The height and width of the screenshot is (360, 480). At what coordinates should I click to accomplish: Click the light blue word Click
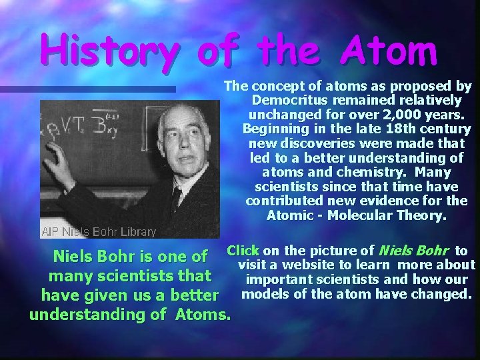(x=243, y=251)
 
